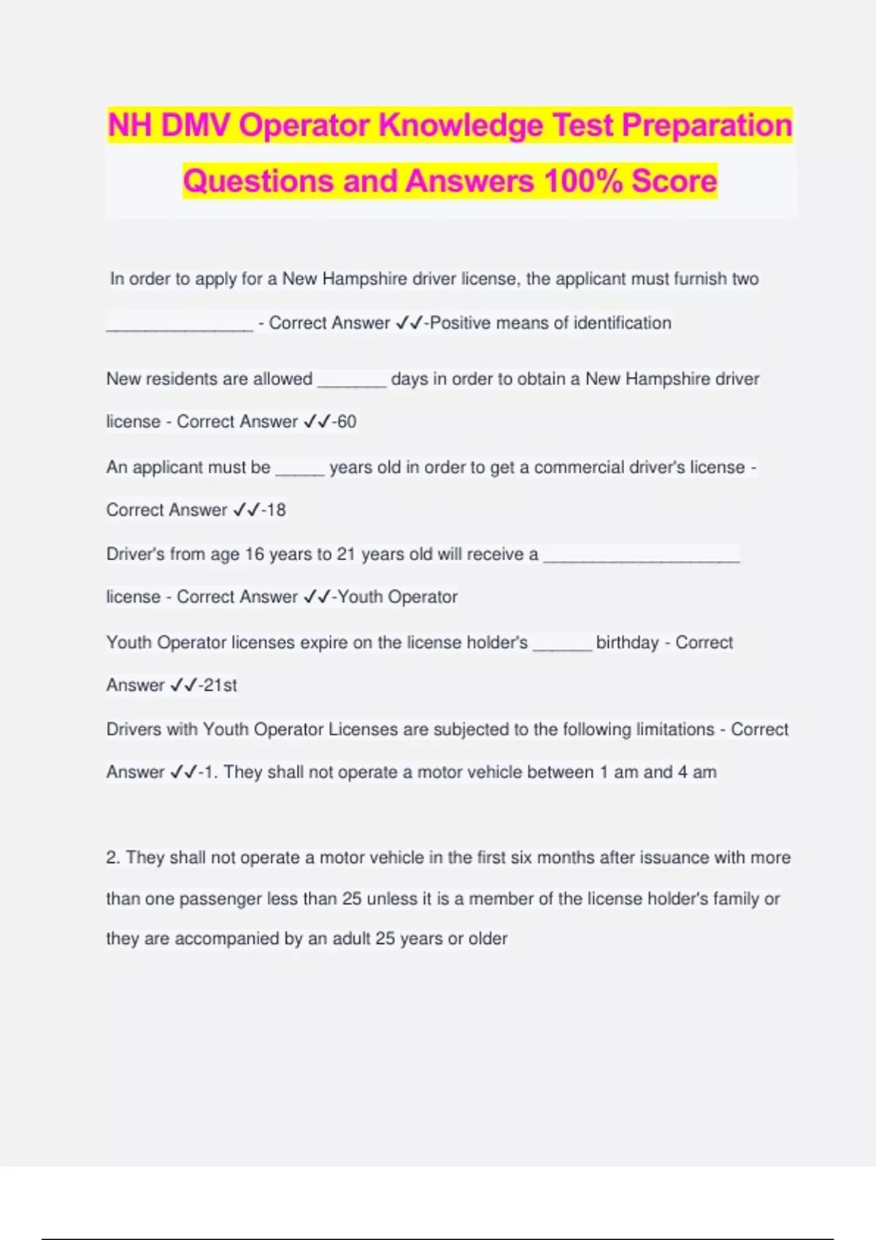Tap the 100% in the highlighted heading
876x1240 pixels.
click(583, 181)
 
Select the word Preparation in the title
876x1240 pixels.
click(707, 125)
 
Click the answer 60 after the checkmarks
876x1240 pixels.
click(347, 422)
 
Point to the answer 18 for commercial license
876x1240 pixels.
click(277, 510)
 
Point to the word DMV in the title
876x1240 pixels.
click(195, 125)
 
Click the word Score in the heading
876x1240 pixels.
click(674, 181)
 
